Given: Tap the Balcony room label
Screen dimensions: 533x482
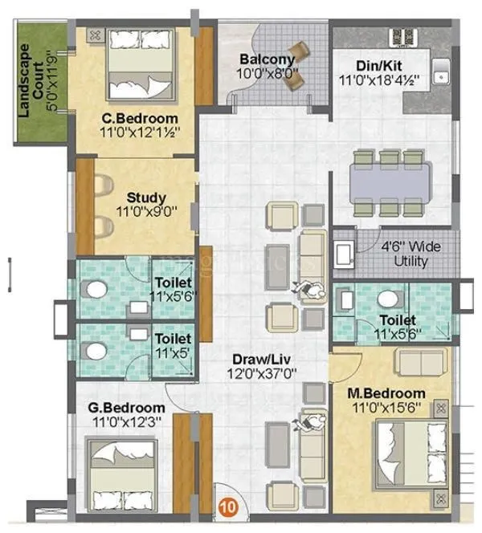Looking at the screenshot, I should (268, 59).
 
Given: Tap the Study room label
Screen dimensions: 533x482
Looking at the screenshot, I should (147, 197).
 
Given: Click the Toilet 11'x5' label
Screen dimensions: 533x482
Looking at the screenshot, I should (173, 345).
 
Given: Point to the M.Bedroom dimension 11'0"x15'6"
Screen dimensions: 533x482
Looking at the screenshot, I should (386, 407).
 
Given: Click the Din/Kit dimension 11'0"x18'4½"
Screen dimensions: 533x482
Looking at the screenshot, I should (382, 80).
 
